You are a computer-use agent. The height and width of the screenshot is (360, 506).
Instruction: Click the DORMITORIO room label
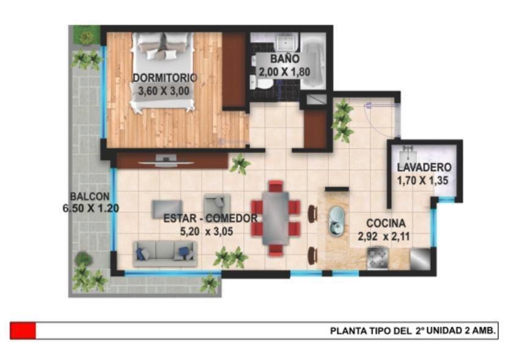point(165,78)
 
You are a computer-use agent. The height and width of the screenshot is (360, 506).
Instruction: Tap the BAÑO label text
point(285,59)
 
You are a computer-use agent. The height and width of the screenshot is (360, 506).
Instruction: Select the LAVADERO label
point(424,167)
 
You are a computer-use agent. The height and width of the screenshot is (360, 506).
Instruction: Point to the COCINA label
point(386,223)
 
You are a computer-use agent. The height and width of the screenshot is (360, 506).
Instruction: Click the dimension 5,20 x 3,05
point(207,231)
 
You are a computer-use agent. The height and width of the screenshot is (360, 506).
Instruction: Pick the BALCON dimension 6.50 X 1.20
point(90,208)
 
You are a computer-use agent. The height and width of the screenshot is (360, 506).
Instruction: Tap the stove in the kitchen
point(378,258)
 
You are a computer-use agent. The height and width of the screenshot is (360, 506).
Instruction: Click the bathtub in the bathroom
point(312,65)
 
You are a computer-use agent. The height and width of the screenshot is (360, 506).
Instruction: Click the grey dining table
point(276,218)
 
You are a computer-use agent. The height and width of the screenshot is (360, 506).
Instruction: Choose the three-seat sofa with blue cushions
point(165,254)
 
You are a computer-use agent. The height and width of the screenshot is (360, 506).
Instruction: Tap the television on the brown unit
point(166,161)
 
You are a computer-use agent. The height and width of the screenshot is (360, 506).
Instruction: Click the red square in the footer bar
point(23,331)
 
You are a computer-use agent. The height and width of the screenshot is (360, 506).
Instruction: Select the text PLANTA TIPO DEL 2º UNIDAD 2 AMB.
point(413,331)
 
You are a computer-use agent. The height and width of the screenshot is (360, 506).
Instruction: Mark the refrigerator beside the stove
point(420,259)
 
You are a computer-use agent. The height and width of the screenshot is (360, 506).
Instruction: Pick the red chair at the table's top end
point(276,186)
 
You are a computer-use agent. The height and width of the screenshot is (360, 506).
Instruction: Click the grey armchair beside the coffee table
point(217,204)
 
